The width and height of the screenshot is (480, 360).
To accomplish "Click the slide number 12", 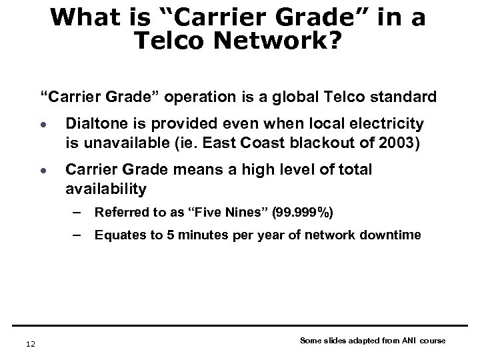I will click(x=23, y=343).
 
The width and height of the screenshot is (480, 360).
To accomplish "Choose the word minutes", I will click(x=197, y=235).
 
